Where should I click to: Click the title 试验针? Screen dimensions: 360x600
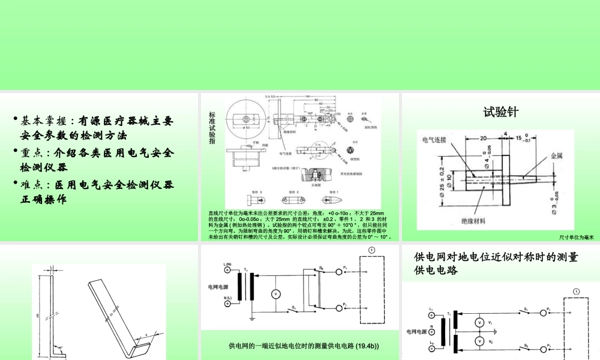[500, 112]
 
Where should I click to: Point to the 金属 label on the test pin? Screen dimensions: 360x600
[557, 155]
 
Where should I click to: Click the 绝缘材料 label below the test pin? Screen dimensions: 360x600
[477, 220]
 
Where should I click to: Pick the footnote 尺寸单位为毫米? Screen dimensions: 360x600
[575, 237]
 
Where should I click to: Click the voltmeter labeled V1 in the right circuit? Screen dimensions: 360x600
[479, 322]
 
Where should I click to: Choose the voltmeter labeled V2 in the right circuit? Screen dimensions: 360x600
[479, 341]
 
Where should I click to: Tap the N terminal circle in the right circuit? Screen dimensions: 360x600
[431, 331]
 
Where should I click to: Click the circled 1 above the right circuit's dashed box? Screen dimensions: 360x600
[576, 292]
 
